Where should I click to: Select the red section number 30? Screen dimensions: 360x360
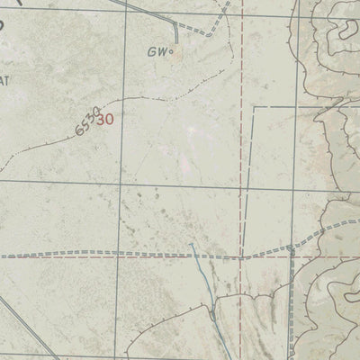pyautogui.click(x=105, y=118)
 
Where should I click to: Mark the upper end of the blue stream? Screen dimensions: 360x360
pyautogui.click(x=191, y=244)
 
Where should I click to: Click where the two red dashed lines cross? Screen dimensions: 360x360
pyautogui.click(x=241, y=256)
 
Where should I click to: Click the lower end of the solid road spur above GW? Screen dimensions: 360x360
pyautogui.click(x=177, y=40)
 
